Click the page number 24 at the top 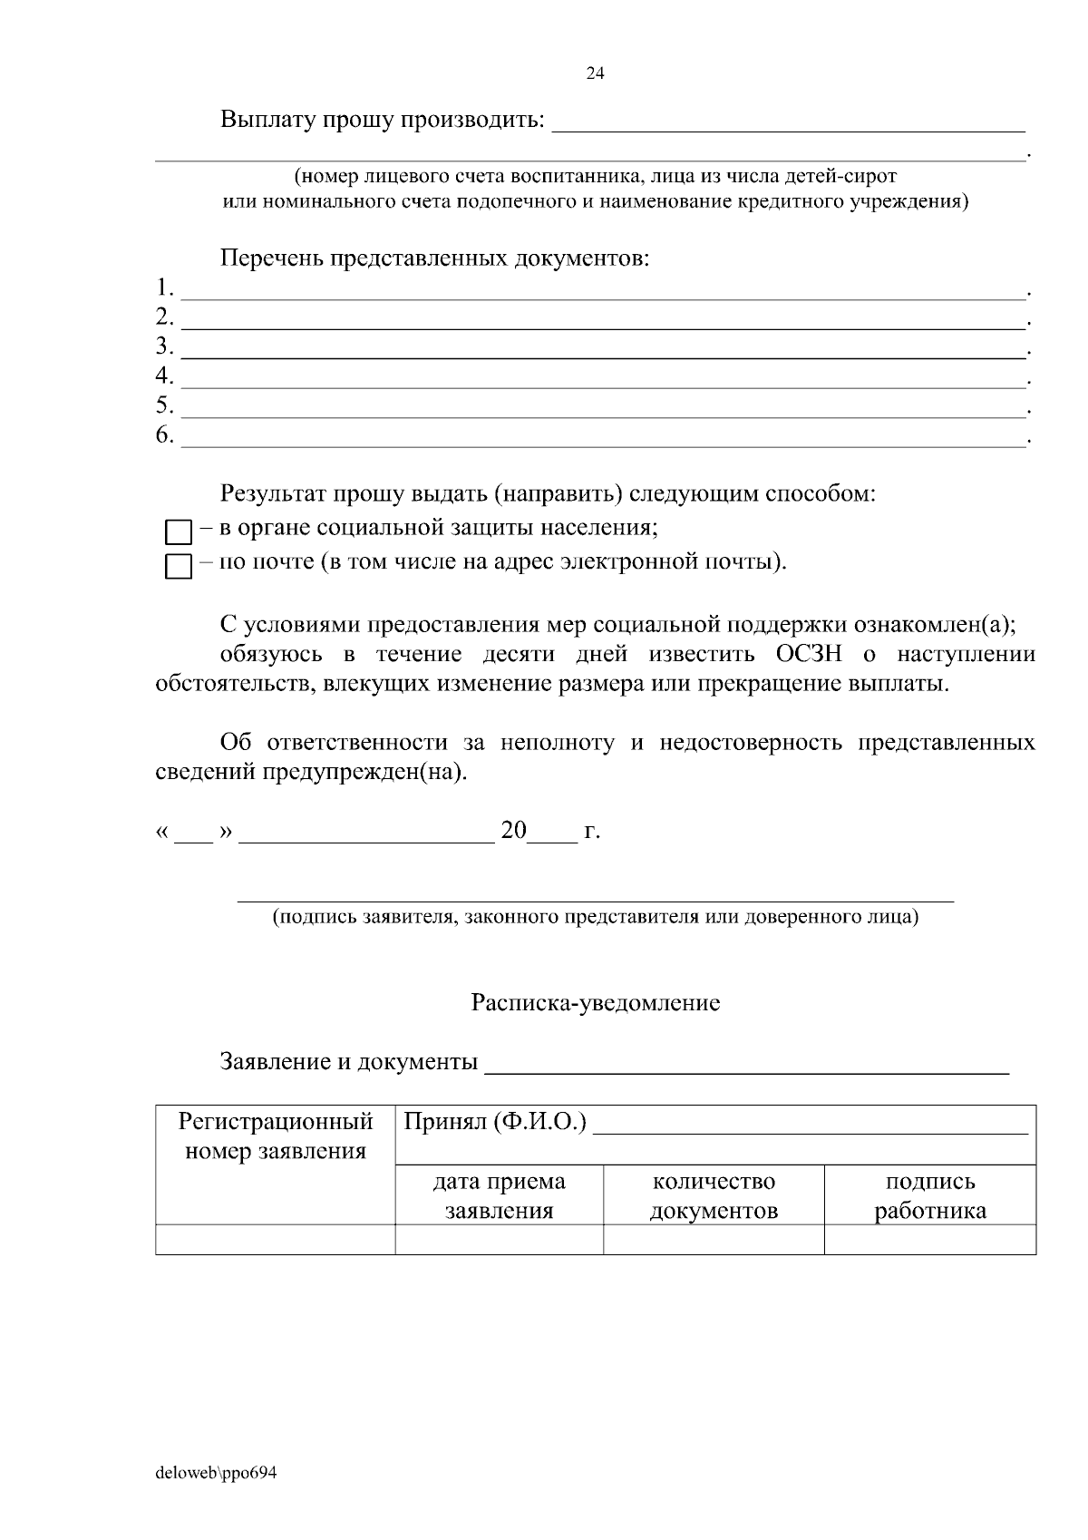(596, 74)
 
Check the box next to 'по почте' (179, 567)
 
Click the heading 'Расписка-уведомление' (595, 1003)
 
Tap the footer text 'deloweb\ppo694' (216, 1473)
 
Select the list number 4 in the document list (164, 375)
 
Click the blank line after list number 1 (602, 294)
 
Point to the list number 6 (164, 435)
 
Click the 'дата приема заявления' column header (499, 1195)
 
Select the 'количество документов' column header (714, 1195)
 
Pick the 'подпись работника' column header (929, 1195)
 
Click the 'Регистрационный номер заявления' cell (275, 1136)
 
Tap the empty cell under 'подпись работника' (929, 1240)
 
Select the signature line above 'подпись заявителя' (595, 899)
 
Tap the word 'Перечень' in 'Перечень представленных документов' (271, 258)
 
